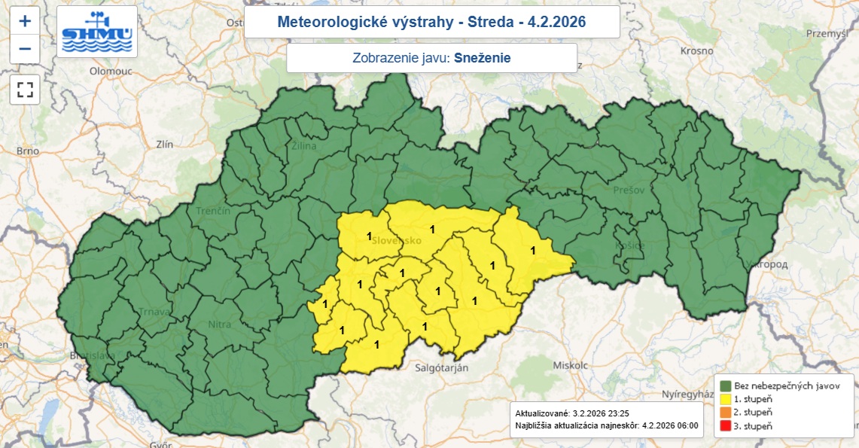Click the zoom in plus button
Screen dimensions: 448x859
pos(25,21)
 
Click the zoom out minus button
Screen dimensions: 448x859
pos(25,49)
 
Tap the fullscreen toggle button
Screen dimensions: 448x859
pos(25,90)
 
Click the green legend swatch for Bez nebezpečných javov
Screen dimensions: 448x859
pos(726,386)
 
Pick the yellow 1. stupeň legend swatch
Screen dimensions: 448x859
pos(726,399)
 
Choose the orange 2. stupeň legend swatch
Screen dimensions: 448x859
pos(726,413)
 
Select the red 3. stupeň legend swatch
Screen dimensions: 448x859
pos(726,426)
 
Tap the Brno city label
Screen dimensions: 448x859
pos(28,151)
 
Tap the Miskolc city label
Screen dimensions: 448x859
pos(569,364)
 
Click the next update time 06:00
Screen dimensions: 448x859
pos(686,425)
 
